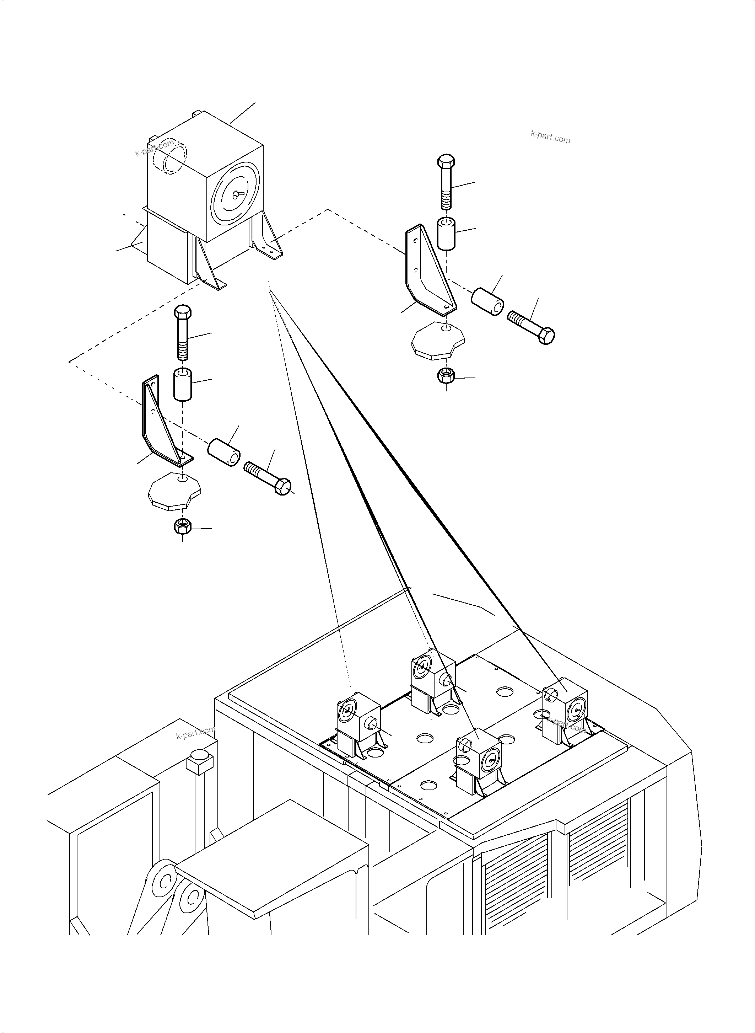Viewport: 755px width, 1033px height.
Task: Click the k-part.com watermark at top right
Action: pyautogui.click(x=550, y=137)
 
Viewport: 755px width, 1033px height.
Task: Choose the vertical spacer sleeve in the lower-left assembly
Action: pyautogui.click(x=182, y=384)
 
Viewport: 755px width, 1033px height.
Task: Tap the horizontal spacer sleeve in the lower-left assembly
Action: pyautogui.click(x=224, y=452)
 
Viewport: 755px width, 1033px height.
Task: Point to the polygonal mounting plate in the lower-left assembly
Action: pyautogui.click(x=174, y=491)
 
